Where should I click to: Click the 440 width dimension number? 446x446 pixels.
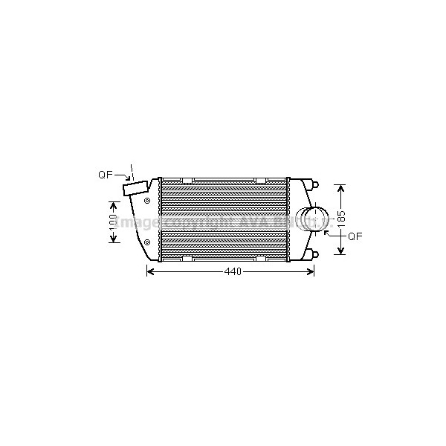(x=233, y=272)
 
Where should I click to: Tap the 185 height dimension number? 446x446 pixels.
(x=341, y=219)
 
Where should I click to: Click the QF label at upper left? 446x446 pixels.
(x=105, y=175)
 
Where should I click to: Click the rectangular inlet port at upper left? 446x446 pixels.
(x=136, y=191)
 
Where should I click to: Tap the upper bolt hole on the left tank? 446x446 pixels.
(x=147, y=201)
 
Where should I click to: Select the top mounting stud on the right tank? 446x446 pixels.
(x=315, y=184)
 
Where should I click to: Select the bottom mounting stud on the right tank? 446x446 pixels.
(x=315, y=256)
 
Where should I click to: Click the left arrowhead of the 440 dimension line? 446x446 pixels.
(x=149, y=272)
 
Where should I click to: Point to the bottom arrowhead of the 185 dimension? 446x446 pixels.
(x=341, y=251)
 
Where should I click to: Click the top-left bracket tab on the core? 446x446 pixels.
(x=187, y=181)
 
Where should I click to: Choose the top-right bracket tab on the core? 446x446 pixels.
(x=261, y=181)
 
